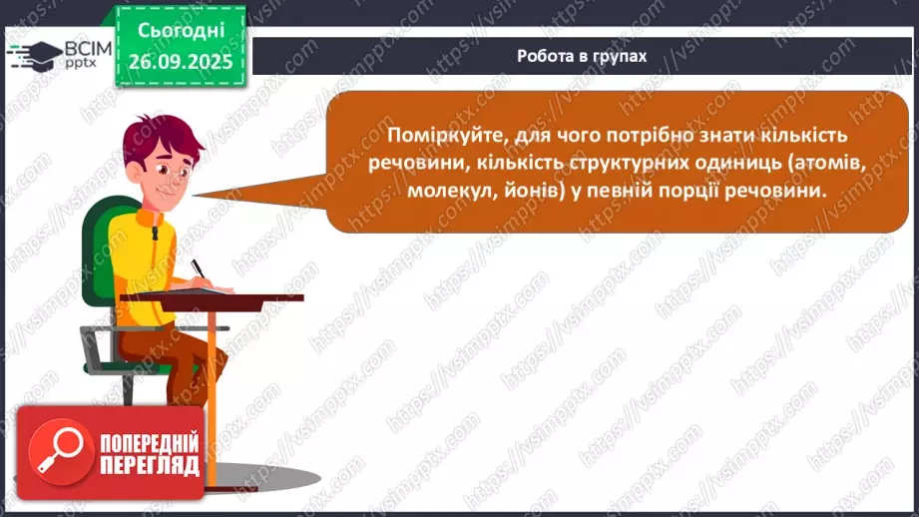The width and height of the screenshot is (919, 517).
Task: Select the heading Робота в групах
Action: [582, 56]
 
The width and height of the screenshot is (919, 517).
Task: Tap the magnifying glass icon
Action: [55, 447]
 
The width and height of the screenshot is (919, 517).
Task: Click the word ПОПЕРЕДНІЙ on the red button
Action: [149, 443]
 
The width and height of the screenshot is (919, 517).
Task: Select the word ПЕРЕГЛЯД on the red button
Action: [149, 466]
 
